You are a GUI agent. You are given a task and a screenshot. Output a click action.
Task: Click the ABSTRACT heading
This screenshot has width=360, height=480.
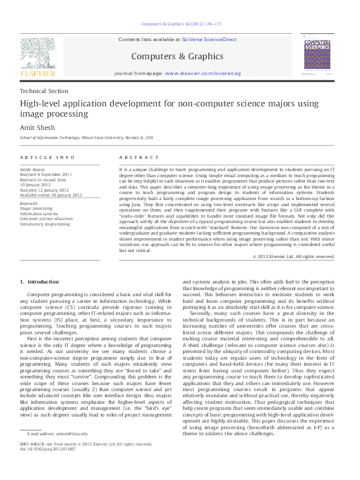click(136, 157)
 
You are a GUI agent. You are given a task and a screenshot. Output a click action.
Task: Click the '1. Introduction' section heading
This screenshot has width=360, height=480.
click(40, 282)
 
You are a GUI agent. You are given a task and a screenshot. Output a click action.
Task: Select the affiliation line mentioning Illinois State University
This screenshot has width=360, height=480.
click(87, 138)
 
